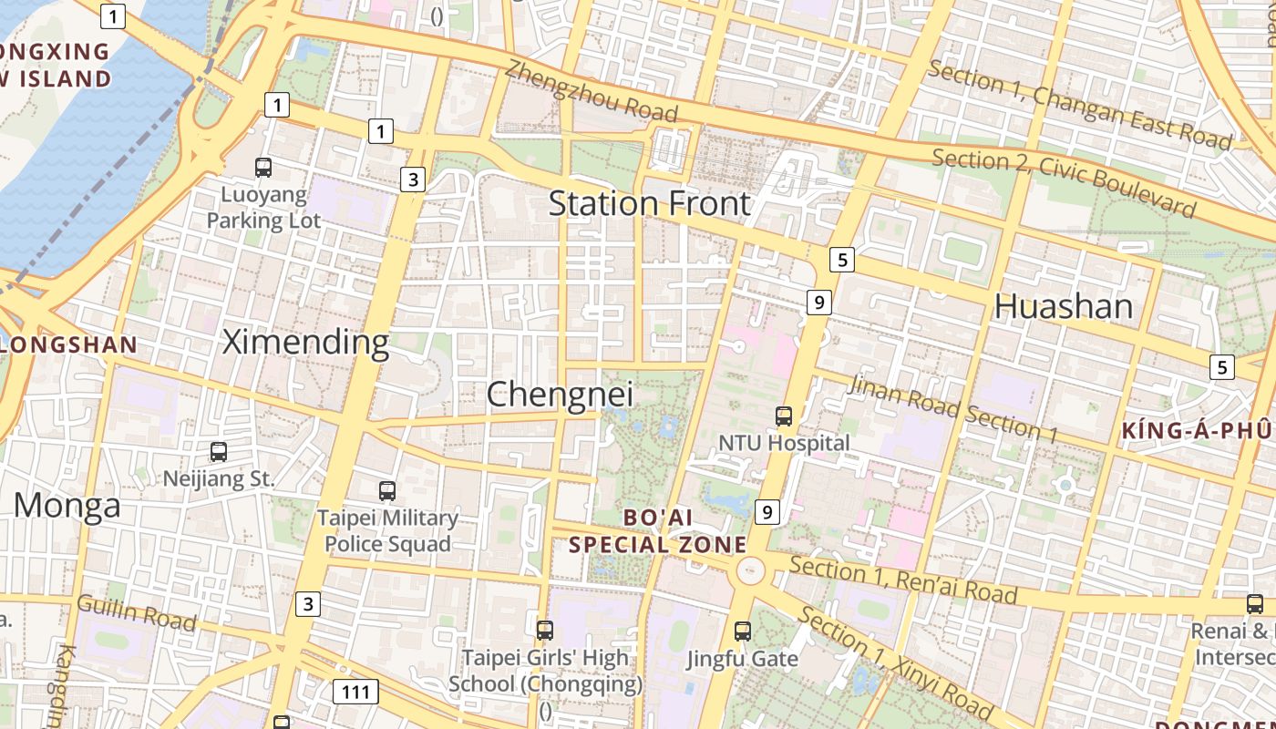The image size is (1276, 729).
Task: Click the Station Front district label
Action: (649, 203)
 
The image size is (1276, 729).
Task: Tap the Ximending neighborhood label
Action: (306, 342)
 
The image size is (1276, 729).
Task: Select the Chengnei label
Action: (560, 395)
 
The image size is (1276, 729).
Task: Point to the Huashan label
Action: (1064, 305)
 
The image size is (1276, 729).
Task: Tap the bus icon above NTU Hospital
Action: (784, 416)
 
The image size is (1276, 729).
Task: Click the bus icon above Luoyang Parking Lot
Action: (263, 167)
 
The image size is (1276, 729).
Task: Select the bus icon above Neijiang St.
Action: (219, 451)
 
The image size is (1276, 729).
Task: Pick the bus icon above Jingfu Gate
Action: (743, 631)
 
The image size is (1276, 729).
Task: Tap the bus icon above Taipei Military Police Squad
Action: (387, 490)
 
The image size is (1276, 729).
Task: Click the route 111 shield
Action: (355, 692)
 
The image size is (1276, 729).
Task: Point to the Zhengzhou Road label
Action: (592, 90)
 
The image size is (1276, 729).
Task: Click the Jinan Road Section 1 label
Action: (952, 408)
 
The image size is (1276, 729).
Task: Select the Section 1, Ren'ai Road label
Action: (902, 580)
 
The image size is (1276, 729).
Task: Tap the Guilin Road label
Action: (136, 612)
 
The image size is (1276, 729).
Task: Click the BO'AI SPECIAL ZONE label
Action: (658, 531)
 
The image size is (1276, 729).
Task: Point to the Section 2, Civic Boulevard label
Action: (1063, 183)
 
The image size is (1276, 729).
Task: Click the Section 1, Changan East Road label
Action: (1079, 104)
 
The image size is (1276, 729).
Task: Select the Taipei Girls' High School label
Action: (545, 671)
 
